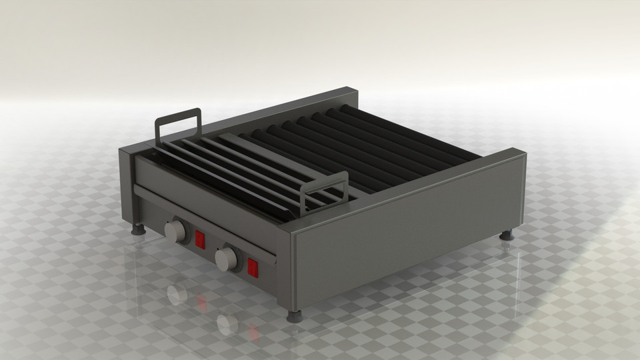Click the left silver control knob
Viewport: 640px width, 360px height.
tap(175, 231)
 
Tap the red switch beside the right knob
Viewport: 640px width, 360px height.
tap(253, 267)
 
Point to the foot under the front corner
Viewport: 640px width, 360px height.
tap(293, 315)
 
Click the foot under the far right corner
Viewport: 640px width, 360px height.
tap(507, 235)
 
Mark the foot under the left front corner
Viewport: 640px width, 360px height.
tap(139, 229)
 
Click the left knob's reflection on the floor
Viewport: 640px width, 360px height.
tap(176, 293)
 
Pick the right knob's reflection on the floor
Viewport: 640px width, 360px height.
tap(227, 324)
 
